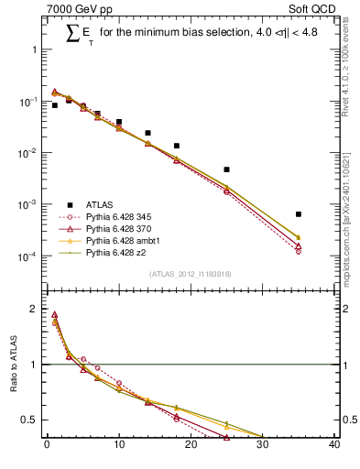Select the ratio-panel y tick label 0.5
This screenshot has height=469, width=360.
coord(31,420)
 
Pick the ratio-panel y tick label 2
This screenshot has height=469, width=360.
coord(36,309)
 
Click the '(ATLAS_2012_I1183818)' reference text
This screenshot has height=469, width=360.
coord(191,275)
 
